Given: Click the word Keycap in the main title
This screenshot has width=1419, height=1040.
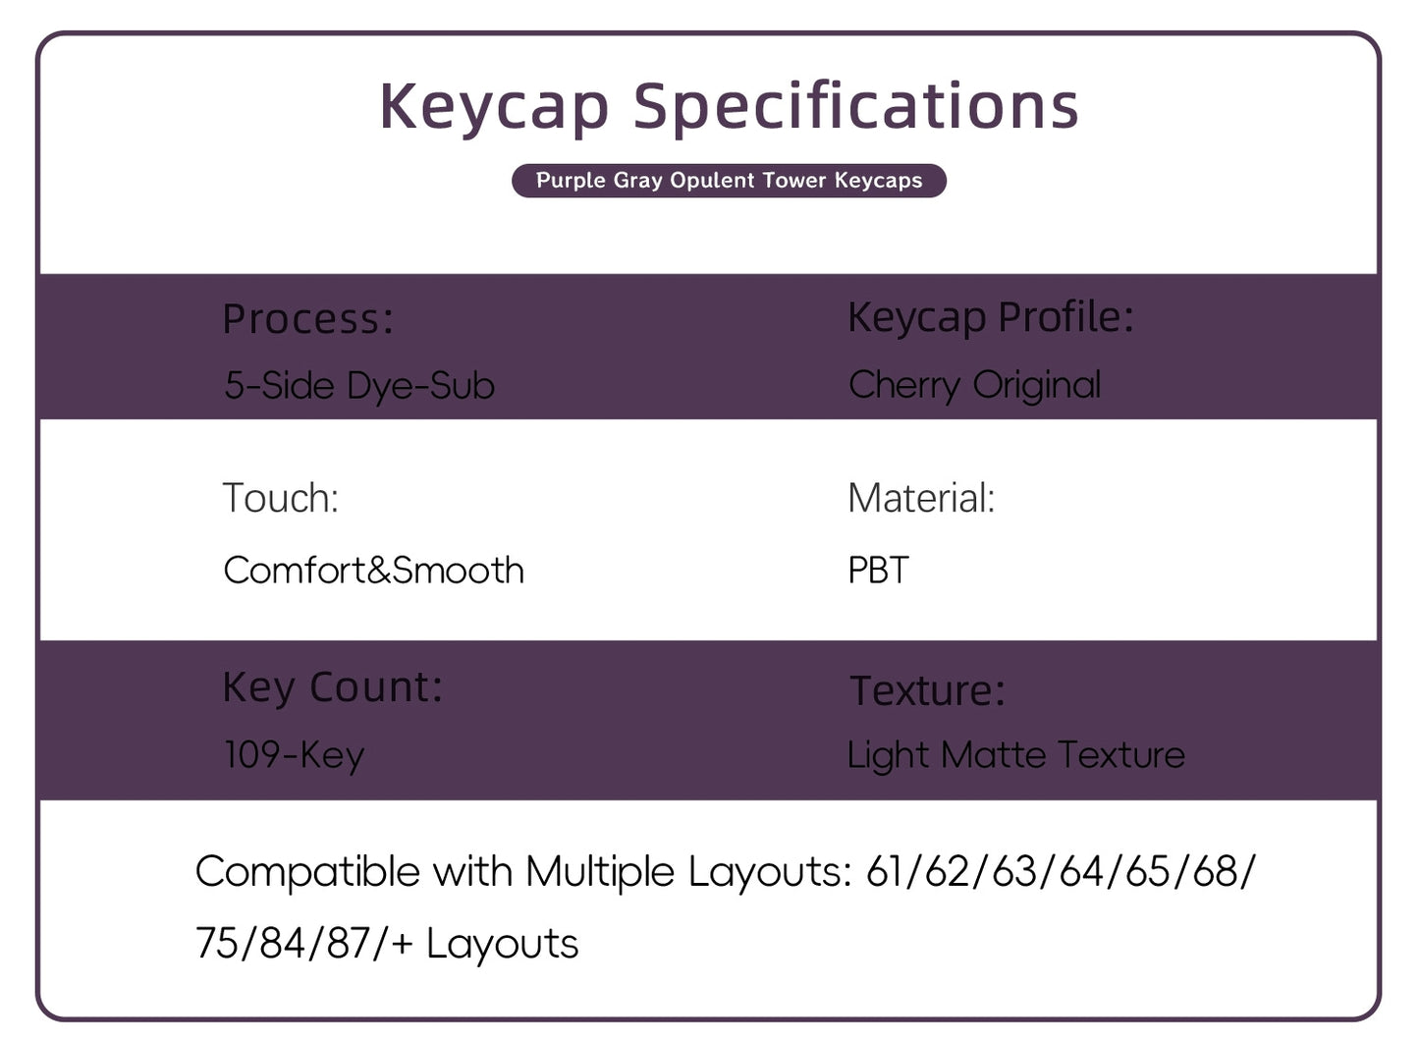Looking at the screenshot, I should point(494,106).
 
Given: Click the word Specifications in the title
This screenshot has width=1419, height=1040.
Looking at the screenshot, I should point(855,106).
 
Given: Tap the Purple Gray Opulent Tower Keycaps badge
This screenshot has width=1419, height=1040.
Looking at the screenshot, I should point(729,181).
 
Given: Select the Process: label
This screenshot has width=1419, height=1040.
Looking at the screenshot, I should point(307,319).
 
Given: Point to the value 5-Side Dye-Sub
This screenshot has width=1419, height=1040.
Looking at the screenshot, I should point(359,386).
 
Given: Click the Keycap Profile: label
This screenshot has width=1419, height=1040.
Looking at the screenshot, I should point(990,317).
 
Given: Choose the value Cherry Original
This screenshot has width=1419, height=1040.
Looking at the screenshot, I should point(974,385).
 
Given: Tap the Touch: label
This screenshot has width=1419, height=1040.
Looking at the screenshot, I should point(280,498).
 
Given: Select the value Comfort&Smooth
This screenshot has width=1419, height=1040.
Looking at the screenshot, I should point(373,571).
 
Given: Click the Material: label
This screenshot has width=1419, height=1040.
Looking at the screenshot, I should point(921,498).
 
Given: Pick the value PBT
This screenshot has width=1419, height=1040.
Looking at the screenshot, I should point(878,571).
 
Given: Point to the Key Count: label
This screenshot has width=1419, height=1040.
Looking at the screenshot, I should point(332,687).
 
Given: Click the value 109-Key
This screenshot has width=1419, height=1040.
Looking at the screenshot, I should point(294,755).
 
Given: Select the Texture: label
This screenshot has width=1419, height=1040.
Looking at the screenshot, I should point(927,690).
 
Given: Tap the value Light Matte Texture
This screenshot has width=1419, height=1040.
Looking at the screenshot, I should point(1015,755).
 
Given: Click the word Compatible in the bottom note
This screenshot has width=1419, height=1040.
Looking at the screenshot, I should point(307,872).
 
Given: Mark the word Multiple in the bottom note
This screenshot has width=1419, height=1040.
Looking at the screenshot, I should point(599,872).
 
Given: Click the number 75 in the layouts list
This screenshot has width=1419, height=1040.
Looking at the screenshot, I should point(217,944).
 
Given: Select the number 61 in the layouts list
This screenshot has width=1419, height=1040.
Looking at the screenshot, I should point(885,872).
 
